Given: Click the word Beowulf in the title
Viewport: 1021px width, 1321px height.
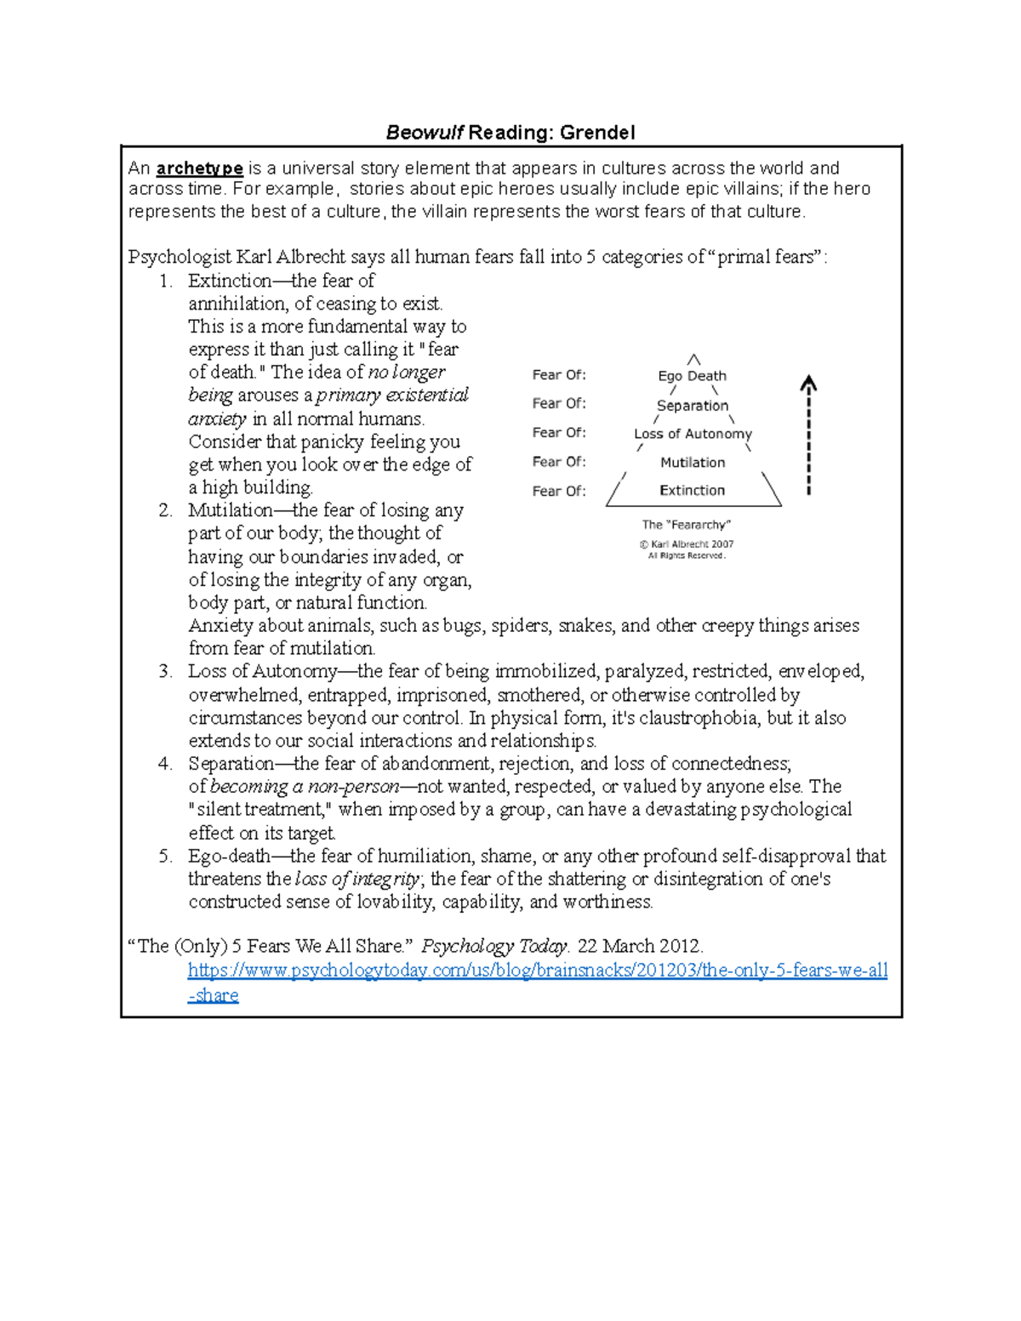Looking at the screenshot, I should (425, 133).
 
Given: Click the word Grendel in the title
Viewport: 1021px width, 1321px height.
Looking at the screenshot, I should (603, 133).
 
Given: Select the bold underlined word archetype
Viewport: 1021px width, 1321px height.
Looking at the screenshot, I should (200, 168).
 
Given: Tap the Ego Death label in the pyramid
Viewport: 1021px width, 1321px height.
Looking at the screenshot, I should (692, 376).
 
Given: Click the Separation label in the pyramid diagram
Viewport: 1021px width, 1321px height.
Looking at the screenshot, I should (693, 406).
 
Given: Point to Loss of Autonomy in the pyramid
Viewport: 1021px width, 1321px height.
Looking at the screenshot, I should (693, 434).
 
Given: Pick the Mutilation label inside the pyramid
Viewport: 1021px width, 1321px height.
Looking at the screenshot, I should (693, 463).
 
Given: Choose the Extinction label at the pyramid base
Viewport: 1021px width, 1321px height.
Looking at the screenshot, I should (693, 491).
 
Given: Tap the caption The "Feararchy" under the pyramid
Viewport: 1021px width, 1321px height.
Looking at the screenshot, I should (686, 525).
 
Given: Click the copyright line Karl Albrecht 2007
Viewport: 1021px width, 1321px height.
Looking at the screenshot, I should (687, 544).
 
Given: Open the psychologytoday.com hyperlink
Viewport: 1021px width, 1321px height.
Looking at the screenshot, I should (537, 971).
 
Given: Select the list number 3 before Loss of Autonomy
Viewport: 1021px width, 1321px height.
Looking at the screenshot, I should (165, 672).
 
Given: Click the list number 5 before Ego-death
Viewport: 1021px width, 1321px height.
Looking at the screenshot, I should (165, 857).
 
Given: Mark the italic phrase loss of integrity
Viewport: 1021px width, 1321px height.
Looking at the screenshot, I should (357, 880).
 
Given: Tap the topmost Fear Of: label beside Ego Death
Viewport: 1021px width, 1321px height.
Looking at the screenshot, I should (559, 375).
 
